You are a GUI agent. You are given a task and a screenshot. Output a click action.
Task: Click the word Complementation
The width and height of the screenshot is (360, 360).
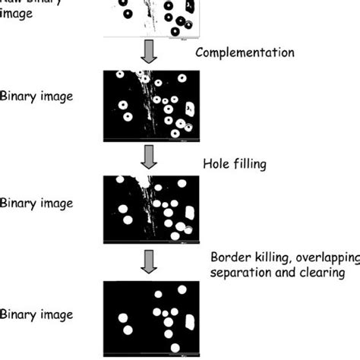[x=245, y=53]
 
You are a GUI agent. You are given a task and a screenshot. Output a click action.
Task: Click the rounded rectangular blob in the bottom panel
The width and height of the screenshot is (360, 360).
[x=189, y=321]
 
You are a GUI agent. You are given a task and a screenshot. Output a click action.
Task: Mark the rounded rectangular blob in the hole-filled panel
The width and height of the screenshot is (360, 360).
[x=189, y=213]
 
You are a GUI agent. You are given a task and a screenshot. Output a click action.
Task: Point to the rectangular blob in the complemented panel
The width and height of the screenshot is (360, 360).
[x=189, y=109]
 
